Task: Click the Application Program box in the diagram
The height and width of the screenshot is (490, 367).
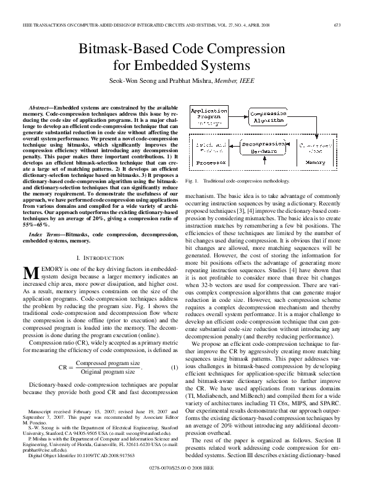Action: pos(209,117)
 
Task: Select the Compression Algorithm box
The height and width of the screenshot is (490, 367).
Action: pos(268,118)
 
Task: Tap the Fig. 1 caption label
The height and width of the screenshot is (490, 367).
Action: pos(192,181)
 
